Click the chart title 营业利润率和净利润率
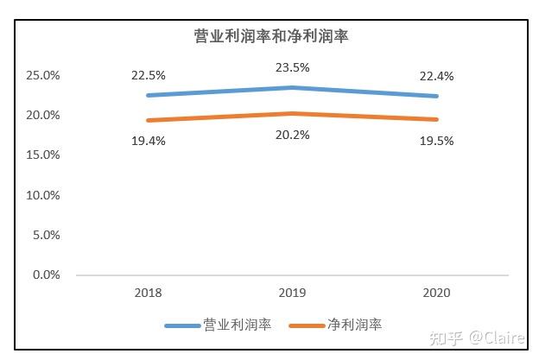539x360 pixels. (x=269, y=36)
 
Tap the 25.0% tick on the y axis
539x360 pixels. (x=43, y=76)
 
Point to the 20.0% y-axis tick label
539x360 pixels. (x=43, y=116)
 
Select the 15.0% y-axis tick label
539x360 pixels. (x=43, y=155)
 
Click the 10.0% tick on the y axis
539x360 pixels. (x=43, y=195)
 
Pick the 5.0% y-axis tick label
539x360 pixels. (x=46, y=235)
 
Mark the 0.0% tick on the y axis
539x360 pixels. (x=46, y=275)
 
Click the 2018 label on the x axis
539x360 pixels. (x=148, y=293)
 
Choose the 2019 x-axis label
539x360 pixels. (x=292, y=293)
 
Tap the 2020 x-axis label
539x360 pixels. (x=436, y=293)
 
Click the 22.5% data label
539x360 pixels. (x=148, y=76)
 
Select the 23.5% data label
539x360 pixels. (x=292, y=67)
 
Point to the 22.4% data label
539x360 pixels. (x=436, y=76)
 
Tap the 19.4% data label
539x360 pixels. (x=148, y=140)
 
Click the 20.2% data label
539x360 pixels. (x=292, y=134)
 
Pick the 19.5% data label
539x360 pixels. (x=436, y=140)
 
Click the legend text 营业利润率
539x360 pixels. (x=238, y=325)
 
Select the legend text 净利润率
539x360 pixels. (x=354, y=325)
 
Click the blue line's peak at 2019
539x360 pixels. (x=292, y=87)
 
